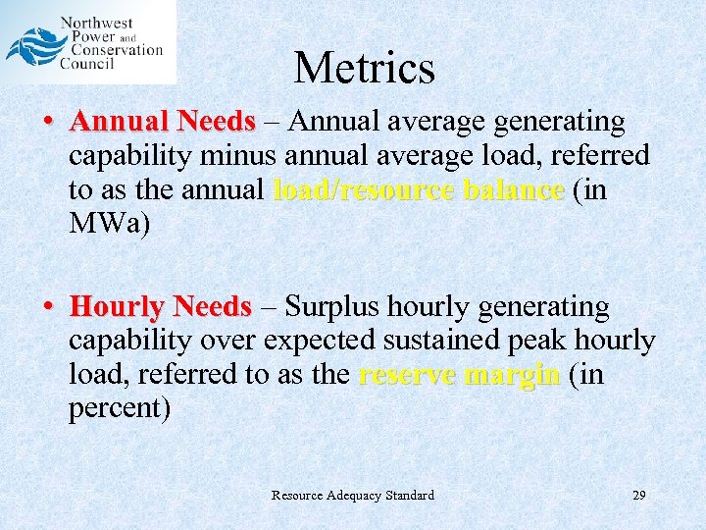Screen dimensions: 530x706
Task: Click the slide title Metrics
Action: tap(364, 68)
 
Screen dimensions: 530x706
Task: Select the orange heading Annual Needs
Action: tap(163, 122)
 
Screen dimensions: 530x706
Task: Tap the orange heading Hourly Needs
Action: tap(161, 308)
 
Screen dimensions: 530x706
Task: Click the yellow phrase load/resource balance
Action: tap(419, 189)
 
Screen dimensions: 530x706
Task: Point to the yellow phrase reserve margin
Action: tap(460, 375)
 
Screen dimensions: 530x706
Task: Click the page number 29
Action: tap(638, 496)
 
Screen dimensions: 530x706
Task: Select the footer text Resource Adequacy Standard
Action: tap(352, 496)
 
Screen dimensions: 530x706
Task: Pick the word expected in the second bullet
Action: tap(313, 342)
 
